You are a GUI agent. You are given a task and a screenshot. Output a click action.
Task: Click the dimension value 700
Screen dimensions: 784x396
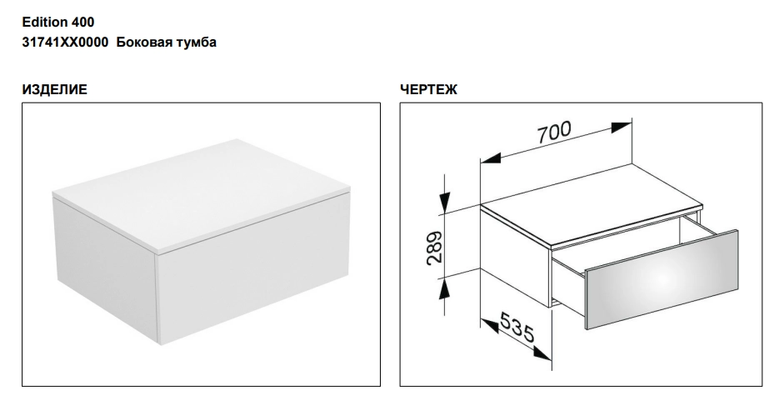click(553, 132)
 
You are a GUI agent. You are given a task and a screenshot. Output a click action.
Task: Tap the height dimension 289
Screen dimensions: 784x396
click(434, 248)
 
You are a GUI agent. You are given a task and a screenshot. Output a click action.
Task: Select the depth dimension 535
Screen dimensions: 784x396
click(517, 328)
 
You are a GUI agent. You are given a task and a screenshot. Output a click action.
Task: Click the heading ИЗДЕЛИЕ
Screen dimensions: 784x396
click(54, 89)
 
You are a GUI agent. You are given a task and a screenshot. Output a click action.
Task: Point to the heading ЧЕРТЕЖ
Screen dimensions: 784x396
click(428, 89)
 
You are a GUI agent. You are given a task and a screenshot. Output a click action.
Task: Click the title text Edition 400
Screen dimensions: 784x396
click(58, 22)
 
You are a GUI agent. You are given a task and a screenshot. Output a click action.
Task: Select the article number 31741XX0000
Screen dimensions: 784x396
click(65, 42)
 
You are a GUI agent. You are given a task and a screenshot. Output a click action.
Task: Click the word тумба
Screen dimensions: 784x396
click(197, 43)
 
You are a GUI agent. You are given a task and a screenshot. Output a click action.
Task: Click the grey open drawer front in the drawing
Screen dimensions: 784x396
click(662, 279)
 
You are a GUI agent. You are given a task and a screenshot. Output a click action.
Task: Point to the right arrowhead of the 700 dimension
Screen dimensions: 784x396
click(622, 128)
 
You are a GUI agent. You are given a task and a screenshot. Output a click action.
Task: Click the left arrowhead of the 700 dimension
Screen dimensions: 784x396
click(491, 158)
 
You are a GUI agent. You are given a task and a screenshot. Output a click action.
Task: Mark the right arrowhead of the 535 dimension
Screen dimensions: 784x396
click(542, 354)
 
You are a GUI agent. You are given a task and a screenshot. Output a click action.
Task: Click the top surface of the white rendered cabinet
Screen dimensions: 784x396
click(201, 193)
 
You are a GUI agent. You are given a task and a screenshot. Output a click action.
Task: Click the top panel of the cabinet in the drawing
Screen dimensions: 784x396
click(591, 205)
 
